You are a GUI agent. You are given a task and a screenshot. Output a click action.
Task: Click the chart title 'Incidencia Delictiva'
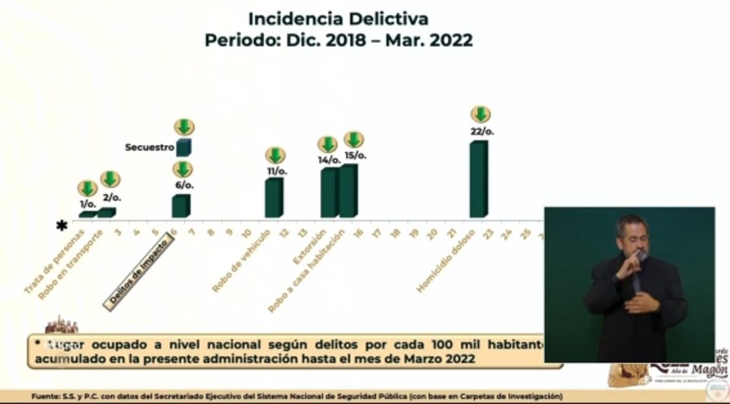tap(338, 18)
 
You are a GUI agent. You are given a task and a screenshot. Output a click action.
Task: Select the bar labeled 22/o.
tap(478, 179)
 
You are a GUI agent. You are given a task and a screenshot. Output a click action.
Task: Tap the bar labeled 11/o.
tap(274, 197)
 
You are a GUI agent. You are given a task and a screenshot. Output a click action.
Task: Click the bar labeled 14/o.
tap(329, 192)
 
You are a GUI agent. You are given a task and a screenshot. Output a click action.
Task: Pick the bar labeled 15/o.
tap(348, 190)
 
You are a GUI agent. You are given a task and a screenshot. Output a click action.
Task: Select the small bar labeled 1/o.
tap(87, 214)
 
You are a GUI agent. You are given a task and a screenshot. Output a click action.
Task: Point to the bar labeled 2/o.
tap(106, 212)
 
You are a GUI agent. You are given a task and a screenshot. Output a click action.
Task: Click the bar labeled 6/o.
tap(181, 206)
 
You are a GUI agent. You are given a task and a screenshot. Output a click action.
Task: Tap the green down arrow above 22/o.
tap(480, 114)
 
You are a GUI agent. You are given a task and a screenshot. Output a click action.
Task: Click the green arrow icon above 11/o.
tap(275, 155)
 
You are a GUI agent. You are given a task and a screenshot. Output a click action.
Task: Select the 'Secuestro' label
tap(149, 148)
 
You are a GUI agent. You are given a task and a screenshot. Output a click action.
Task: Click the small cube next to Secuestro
tap(183, 147)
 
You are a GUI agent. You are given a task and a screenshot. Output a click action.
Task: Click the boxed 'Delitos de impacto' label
tap(139, 272)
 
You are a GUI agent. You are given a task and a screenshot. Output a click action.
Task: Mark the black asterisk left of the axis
tap(62, 225)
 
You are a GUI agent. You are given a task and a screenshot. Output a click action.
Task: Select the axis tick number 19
tap(414, 233)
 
